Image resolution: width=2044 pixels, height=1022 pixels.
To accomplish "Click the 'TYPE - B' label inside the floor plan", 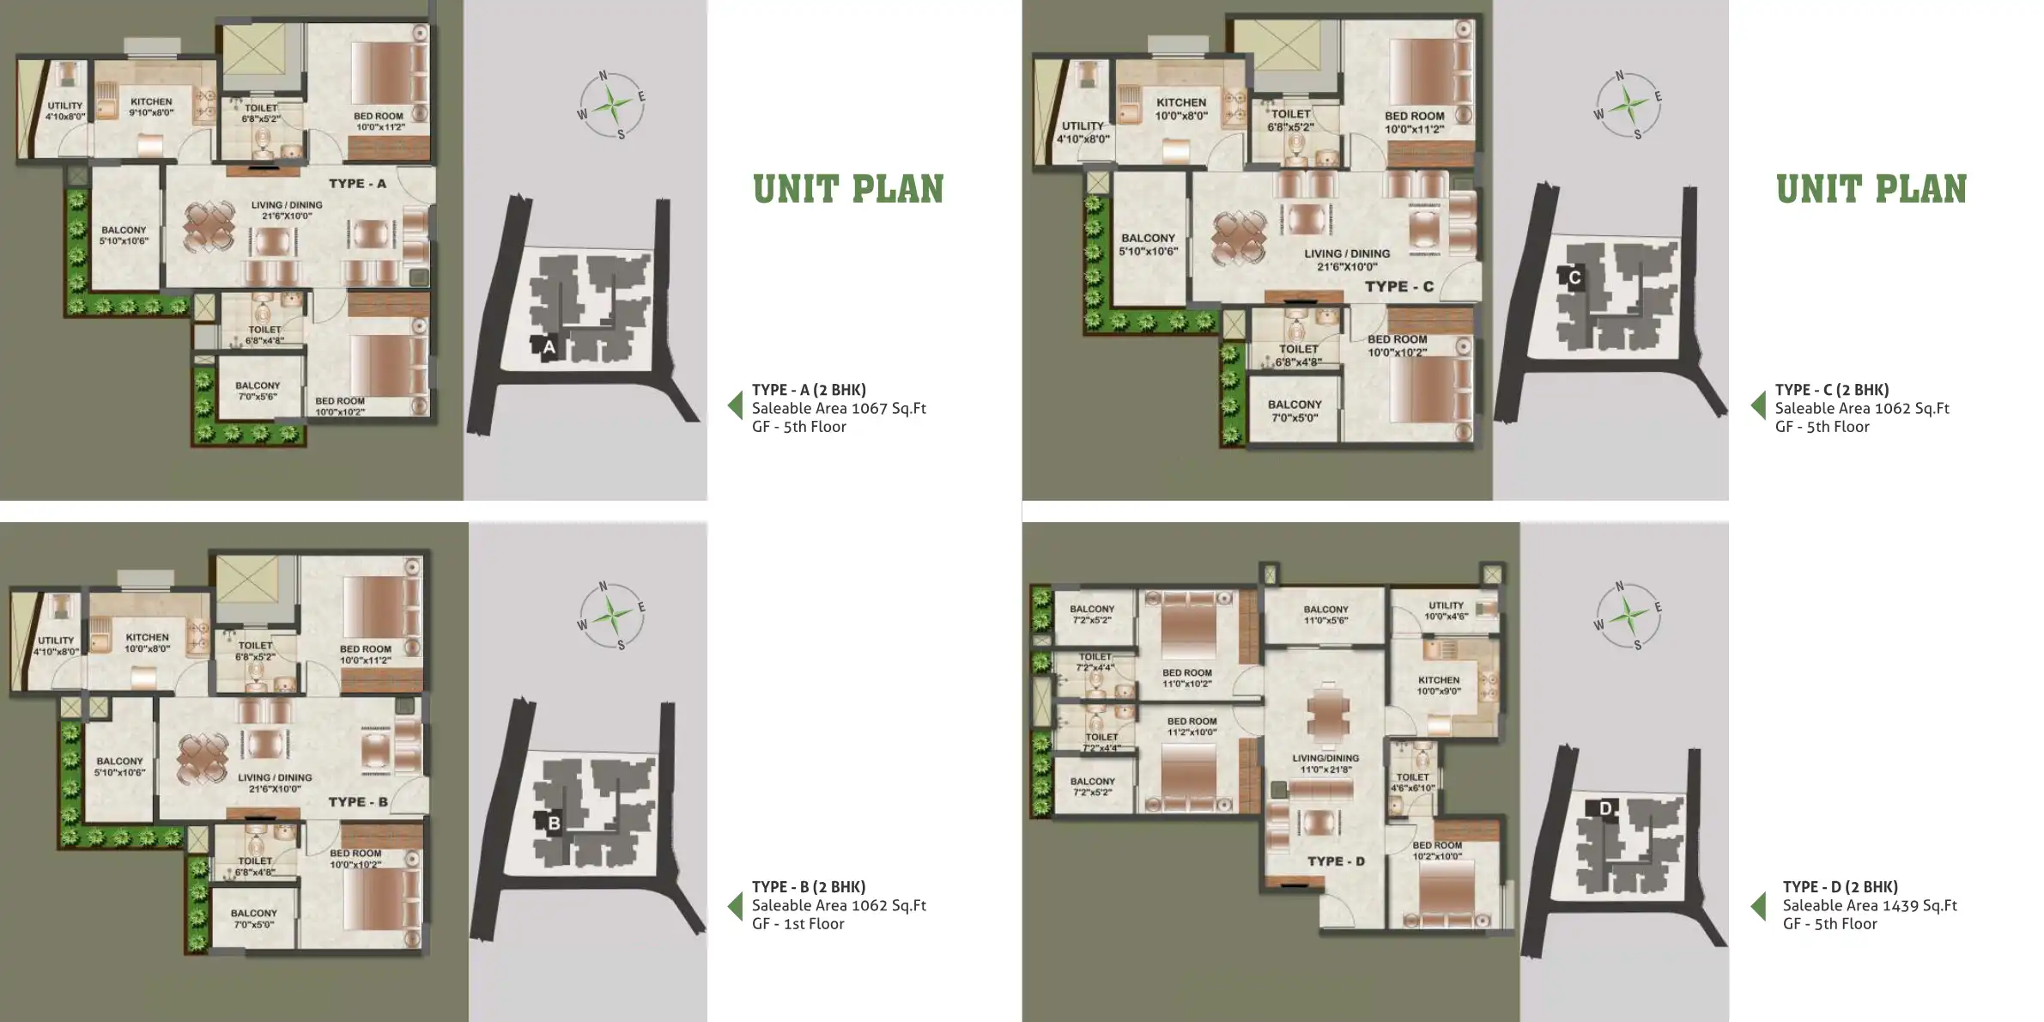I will [358, 802].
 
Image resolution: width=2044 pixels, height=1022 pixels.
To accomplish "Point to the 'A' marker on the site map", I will [549, 348].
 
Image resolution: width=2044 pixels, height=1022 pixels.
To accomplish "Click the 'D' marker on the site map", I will [1605, 808].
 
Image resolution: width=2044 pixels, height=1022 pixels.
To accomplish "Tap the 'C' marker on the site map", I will [1574, 277].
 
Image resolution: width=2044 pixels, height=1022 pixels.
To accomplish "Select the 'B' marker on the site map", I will [554, 824].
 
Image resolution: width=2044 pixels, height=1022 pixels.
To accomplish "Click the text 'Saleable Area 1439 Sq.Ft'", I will [1870, 905].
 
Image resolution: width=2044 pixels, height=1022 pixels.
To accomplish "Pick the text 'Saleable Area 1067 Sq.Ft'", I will [839, 408].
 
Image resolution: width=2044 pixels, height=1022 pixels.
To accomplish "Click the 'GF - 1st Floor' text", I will [798, 924].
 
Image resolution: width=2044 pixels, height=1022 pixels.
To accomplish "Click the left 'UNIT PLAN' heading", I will [848, 190].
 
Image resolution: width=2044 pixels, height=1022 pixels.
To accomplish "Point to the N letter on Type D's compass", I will [1619, 587].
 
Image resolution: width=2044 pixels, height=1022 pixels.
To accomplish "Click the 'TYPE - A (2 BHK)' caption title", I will [809, 389].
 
